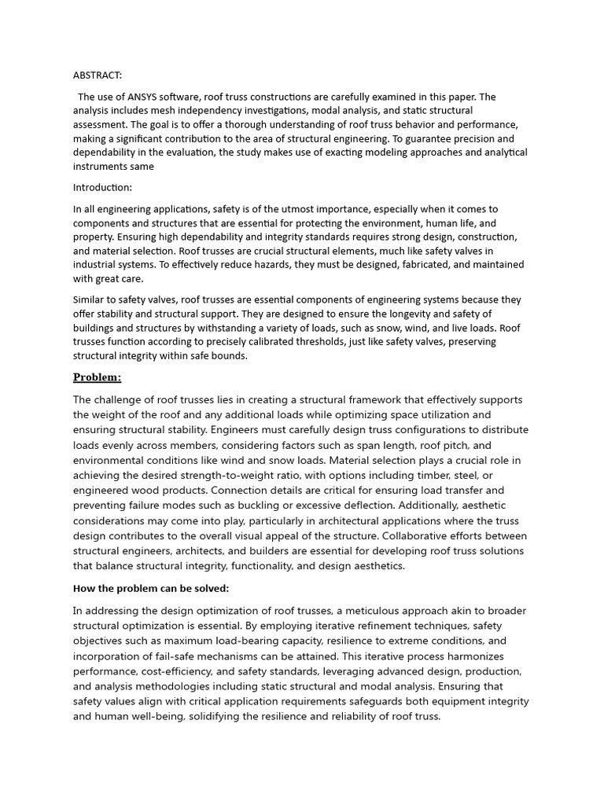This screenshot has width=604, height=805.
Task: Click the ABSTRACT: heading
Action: [98, 75]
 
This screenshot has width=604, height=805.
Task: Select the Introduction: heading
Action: [102, 188]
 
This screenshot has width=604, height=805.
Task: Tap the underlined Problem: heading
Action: [97, 377]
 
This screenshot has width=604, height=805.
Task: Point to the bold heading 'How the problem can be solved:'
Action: [151, 588]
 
